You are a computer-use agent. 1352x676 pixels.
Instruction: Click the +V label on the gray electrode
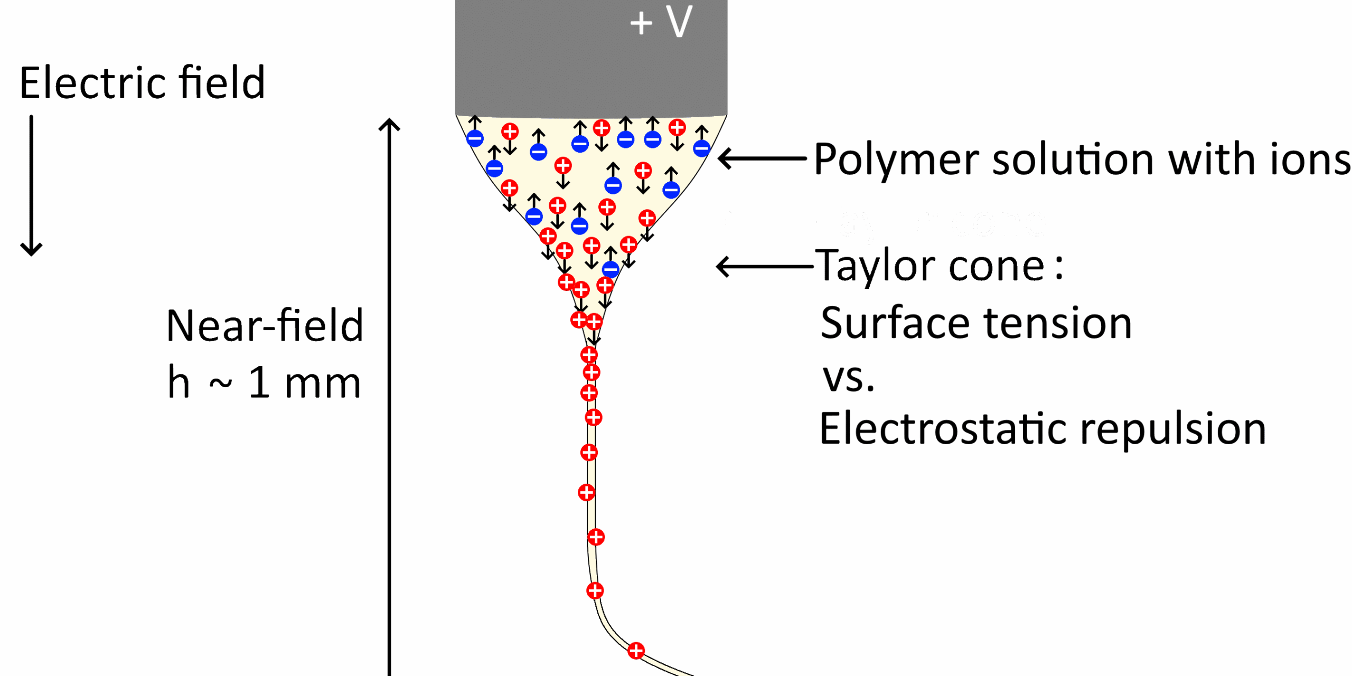(x=661, y=22)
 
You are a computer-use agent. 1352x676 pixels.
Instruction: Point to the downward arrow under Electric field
(x=31, y=185)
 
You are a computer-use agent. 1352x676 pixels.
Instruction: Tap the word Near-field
(x=264, y=325)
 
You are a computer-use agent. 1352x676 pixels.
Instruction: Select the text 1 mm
(x=304, y=382)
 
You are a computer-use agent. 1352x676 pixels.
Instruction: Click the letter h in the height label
(x=179, y=382)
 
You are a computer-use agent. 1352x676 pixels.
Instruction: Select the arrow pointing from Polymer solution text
(x=762, y=158)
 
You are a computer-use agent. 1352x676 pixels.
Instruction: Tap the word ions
(x=1310, y=159)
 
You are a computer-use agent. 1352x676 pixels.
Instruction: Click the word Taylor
(x=877, y=266)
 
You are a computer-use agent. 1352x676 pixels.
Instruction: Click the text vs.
(x=848, y=378)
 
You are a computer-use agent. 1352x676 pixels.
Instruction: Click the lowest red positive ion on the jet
(x=636, y=651)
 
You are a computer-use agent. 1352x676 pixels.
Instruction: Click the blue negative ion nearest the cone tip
(x=611, y=269)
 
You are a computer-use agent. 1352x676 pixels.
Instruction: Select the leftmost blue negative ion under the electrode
(x=475, y=138)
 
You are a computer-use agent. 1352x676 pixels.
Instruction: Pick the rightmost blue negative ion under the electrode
(x=701, y=148)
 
